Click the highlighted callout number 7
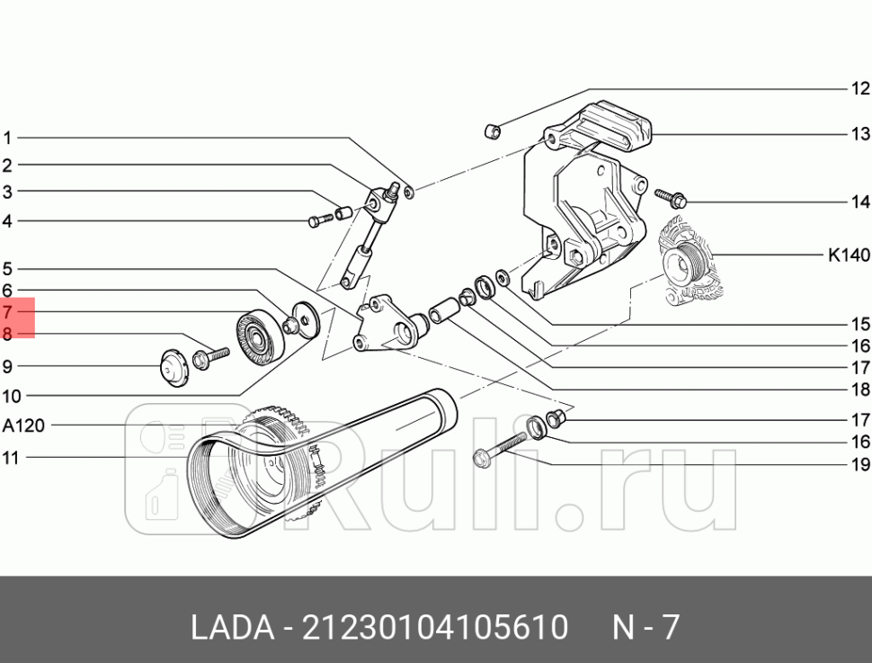coord(7,313)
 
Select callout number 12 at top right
coord(860,88)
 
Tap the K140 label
coord(849,255)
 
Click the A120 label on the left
coord(23,425)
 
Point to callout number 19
coord(860,465)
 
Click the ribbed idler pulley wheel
coord(257,336)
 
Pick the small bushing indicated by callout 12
coord(493,132)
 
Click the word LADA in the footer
coord(231,627)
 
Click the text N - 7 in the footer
coord(645,627)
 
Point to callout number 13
coord(860,134)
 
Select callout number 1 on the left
coord(7,139)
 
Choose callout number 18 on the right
coord(860,390)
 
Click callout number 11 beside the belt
coord(10,458)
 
